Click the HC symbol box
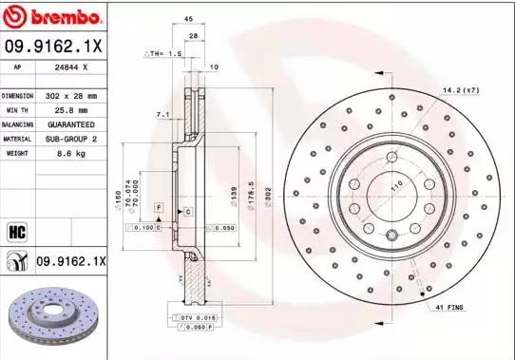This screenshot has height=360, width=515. pyautogui.click(x=17, y=231)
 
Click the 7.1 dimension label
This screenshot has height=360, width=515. pyautogui.click(x=162, y=115)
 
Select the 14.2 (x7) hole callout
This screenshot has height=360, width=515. pyautogui.click(x=461, y=90)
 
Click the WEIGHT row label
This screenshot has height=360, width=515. pyautogui.click(x=18, y=153)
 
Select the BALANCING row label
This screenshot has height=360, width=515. pyautogui.click(x=18, y=124)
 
